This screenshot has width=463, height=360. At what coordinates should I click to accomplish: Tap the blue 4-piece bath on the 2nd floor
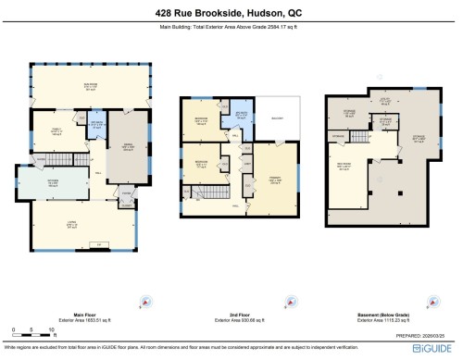pos(240,118)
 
